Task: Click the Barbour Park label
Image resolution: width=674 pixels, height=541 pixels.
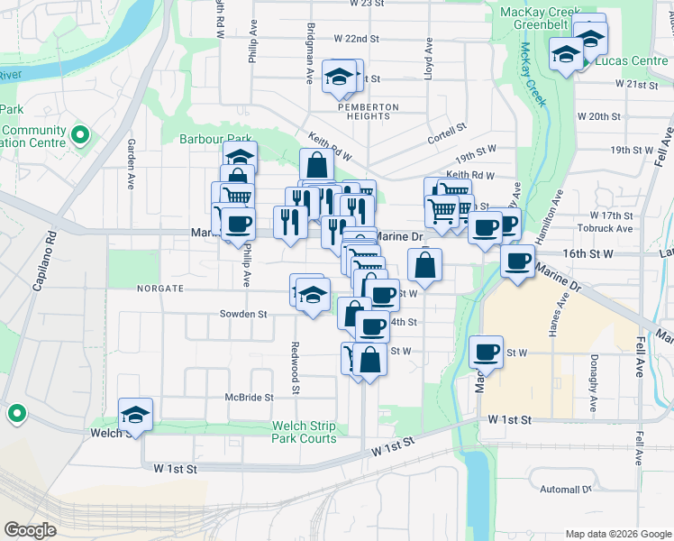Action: pyautogui.click(x=203, y=139)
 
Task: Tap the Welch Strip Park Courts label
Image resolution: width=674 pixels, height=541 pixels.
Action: pyautogui.click(x=305, y=433)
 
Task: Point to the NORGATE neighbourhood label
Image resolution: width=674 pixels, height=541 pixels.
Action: pyautogui.click(x=159, y=289)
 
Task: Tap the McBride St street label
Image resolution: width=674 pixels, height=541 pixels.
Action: pyautogui.click(x=249, y=397)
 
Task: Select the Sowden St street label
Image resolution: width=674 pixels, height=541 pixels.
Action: pyautogui.click(x=243, y=315)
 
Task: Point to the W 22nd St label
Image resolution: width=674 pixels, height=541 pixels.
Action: pyautogui.click(x=357, y=39)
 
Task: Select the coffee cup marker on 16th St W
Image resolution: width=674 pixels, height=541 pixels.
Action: pyautogui.click(x=517, y=262)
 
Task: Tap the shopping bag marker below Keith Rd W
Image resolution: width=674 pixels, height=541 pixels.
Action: pyautogui.click(x=316, y=166)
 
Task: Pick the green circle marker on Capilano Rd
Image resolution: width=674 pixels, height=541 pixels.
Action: pyautogui.click(x=16, y=415)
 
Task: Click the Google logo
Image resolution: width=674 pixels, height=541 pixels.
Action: pyautogui.click(x=31, y=530)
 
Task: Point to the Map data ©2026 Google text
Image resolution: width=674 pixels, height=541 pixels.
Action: pyautogui.click(x=617, y=534)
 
